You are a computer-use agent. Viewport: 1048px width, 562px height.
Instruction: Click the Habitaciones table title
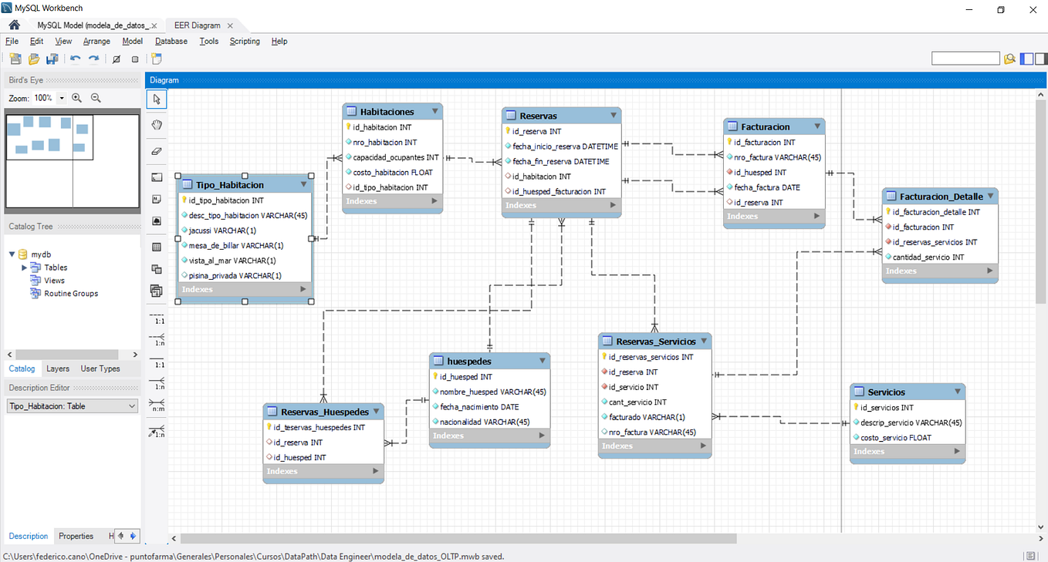tap(387, 112)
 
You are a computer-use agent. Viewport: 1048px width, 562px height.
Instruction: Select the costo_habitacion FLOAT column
tap(393, 172)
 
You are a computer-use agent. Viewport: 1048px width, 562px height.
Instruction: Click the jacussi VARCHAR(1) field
tap(222, 231)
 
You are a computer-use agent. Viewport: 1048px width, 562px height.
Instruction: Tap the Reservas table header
tap(538, 116)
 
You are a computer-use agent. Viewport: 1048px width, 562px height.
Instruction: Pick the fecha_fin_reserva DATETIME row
tap(560, 161)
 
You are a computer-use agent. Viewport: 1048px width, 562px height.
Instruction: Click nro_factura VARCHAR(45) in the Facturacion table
tap(777, 157)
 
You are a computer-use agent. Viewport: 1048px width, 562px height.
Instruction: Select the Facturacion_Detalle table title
tap(941, 197)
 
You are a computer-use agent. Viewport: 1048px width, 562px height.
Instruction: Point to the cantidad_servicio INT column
tap(928, 257)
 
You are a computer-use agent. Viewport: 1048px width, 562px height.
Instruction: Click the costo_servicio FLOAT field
tap(895, 437)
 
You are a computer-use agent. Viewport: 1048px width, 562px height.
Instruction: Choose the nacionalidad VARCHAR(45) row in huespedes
tap(484, 422)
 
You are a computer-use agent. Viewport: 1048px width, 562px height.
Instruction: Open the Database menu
tap(171, 42)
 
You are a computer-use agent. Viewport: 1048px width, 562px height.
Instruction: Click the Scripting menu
tap(245, 42)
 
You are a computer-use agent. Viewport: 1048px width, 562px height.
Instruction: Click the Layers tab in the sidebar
tap(58, 368)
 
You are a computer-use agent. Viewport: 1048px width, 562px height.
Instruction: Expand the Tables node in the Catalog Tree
tap(25, 268)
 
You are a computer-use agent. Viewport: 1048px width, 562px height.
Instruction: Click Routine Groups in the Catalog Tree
tap(71, 294)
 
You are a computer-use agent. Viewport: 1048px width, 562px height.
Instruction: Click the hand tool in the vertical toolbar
tap(157, 125)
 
